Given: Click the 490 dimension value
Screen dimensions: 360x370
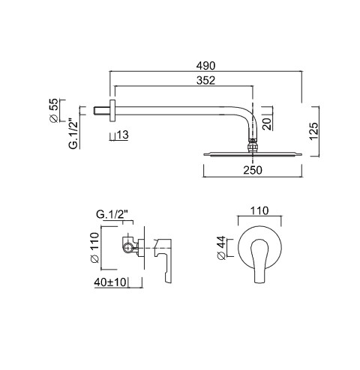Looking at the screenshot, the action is coord(205,66).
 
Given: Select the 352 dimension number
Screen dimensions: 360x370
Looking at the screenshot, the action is coord(205,80).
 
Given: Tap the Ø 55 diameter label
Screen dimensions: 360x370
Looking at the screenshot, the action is coord(54,110).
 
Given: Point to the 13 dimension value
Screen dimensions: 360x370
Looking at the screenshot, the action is coord(123,135).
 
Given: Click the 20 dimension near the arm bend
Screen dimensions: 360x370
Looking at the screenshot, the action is coord(267,124).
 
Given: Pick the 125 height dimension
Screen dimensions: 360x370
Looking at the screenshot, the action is coord(314,131).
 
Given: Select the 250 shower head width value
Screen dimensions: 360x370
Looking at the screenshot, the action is coord(253,170).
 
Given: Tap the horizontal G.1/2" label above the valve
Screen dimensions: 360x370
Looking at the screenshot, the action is coord(112,214).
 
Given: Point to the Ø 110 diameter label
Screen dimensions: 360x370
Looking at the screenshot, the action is coord(95,247).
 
